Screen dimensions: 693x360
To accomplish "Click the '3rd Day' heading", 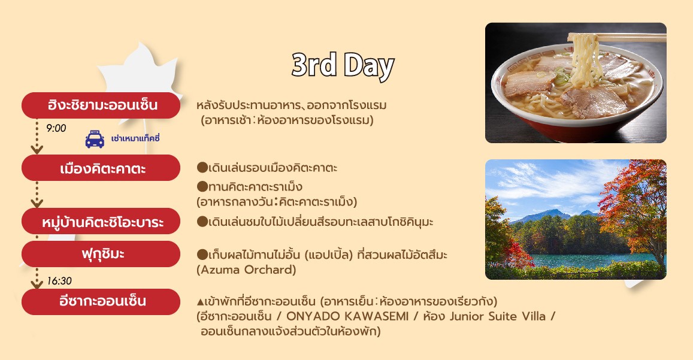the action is [343, 66].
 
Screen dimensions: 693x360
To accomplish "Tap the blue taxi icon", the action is [95, 139].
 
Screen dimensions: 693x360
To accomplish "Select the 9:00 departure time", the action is [56, 128].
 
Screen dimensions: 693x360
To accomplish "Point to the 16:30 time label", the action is [59, 281].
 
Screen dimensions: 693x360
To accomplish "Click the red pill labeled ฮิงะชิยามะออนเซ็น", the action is [101, 105].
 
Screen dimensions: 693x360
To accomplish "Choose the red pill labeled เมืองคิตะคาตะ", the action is [101, 168].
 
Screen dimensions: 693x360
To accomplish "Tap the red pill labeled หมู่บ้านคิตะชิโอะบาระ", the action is [101, 221].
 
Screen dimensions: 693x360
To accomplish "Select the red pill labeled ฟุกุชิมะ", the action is [101, 254].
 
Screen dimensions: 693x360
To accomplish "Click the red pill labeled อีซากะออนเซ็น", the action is [101, 302].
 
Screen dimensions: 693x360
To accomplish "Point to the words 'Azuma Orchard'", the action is [246, 270].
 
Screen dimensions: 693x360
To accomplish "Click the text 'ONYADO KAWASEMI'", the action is [347, 316].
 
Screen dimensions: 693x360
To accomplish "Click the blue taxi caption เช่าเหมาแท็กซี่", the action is [135, 138].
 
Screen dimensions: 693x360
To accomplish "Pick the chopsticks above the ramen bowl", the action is [616, 37].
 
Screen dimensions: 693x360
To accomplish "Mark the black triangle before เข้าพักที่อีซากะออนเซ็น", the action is [200, 302].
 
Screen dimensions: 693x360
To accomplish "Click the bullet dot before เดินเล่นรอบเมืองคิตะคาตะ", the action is [202, 168].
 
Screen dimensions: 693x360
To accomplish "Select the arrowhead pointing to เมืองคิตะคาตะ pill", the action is [37, 150].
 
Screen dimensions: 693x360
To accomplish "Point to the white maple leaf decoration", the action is [141, 71].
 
